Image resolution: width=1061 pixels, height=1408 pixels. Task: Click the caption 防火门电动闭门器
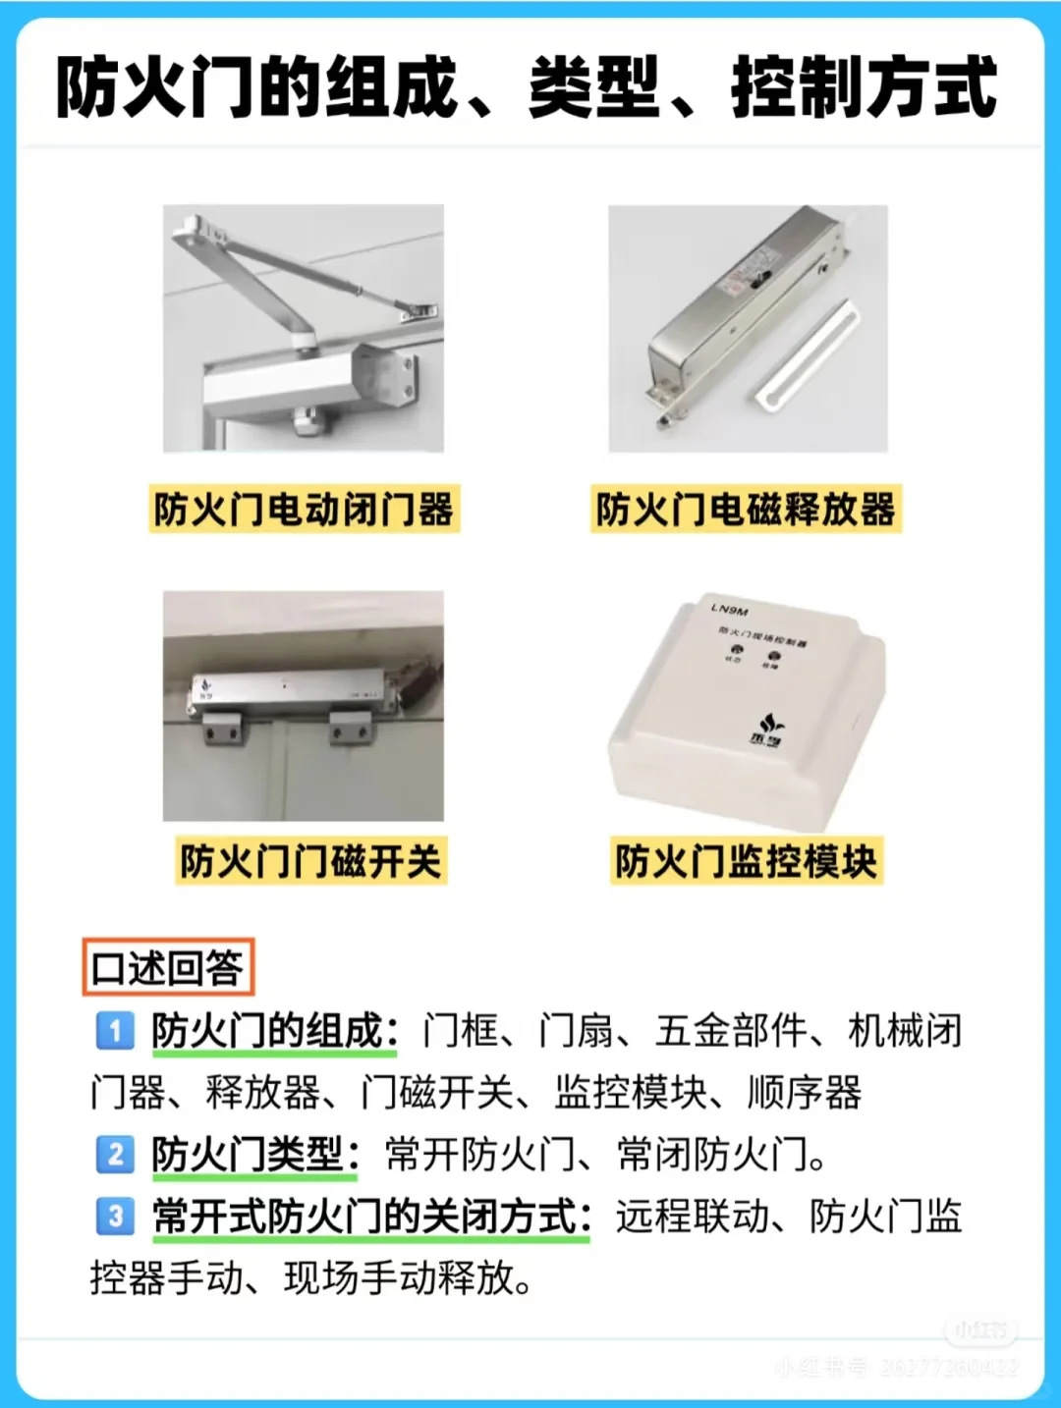(x=304, y=510)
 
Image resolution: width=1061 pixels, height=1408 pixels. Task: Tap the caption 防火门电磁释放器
(x=746, y=510)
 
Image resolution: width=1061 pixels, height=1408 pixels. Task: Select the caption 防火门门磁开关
(x=310, y=861)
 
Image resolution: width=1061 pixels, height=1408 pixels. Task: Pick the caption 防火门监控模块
(x=746, y=861)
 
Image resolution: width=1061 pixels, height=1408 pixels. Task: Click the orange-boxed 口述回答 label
(x=167, y=968)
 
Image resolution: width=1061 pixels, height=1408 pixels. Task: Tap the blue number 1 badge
(x=115, y=1031)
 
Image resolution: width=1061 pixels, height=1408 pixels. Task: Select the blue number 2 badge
(x=115, y=1154)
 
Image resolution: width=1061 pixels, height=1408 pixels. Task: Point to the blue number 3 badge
(x=115, y=1216)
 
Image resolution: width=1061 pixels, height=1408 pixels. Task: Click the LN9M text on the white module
(x=729, y=610)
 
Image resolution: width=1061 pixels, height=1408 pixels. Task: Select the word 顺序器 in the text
(x=805, y=1093)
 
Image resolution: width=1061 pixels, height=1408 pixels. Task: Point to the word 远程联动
(x=693, y=1217)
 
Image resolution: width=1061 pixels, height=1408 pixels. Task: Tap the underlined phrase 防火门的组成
(x=266, y=1031)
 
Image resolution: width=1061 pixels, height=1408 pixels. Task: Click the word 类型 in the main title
(x=593, y=88)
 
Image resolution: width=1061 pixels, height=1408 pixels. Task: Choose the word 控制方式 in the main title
(x=865, y=88)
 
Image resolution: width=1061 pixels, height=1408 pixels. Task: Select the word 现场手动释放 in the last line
(x=399, y=1278)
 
